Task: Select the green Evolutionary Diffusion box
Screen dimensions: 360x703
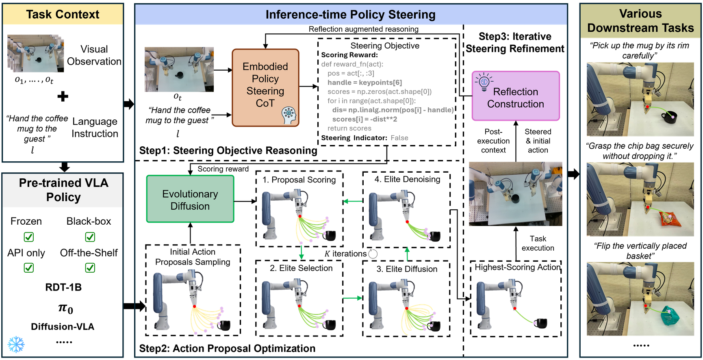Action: point(190,200)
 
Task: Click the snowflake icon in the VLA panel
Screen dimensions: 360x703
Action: point(16,344)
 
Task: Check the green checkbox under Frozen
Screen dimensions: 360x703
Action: point(29,237)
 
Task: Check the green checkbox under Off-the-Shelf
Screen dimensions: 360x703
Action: point(90,268)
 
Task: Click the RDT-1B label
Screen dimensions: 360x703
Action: point(63,287)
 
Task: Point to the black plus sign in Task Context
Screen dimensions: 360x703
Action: point(63,97)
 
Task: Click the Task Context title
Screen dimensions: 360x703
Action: point(63,15)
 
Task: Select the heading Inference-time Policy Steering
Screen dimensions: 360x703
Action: point(350,15)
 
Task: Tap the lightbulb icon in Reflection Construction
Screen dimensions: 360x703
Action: point(484,82)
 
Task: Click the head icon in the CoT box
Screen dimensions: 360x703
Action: point(289,115)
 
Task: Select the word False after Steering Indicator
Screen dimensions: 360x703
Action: point(399,138)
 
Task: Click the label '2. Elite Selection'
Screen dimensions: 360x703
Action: point(301,268)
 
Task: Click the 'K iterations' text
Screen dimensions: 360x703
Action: point(345,254)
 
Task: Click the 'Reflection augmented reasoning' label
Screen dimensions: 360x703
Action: point(363,29)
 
